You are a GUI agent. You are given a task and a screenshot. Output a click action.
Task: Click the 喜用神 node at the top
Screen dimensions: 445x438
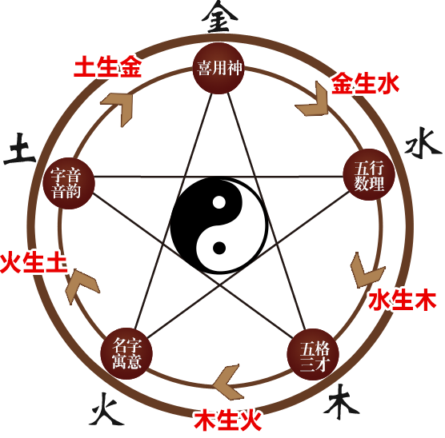coord(218,68)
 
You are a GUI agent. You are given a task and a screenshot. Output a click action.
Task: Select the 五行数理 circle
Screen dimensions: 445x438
coord(369,174)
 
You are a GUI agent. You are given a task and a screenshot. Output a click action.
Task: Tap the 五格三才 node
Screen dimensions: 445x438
coord(313,354)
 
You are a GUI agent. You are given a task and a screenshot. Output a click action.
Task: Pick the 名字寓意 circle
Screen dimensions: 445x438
coord(126,354)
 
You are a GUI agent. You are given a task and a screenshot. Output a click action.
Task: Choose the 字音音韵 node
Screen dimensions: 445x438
coord(69,183)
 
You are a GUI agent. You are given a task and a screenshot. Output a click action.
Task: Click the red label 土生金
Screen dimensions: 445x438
coord(107,66)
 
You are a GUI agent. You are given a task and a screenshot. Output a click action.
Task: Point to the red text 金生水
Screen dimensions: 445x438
coord(366,83)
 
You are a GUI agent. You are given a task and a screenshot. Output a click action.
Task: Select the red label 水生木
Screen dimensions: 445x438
coord(402,300)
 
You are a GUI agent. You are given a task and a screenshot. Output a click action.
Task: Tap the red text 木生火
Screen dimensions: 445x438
coord(228,420)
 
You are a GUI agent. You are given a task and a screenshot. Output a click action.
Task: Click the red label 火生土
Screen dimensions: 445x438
coord(34,263)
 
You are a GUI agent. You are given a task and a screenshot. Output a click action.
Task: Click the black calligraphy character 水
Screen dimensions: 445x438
coord(423,143)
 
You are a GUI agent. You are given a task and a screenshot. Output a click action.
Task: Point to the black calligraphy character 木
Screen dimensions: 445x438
coord(341,402)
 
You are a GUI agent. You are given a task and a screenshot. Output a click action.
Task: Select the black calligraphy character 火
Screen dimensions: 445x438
coord(106,408)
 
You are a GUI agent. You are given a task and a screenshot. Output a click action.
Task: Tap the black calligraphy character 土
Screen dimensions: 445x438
coord(20,149)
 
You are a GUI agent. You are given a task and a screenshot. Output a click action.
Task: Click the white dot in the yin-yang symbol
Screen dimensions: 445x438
coord(218,202)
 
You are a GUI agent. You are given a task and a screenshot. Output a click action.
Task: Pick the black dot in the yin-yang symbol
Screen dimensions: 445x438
coord(218,248)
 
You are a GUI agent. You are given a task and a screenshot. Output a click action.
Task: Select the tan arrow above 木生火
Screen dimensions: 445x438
coord(228,381)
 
